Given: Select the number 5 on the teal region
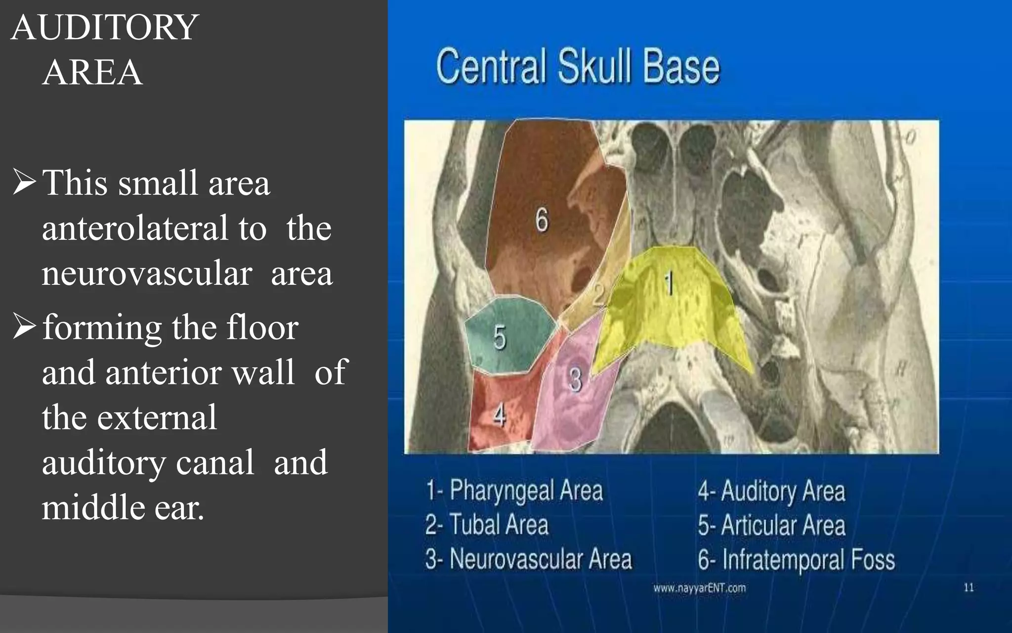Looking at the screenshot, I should point(500,337).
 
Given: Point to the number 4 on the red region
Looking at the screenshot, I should point(499,414).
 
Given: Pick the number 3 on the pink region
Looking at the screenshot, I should point(576,380).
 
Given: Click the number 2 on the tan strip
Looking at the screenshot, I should point(598,295).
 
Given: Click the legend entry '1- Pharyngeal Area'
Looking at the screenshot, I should point(514,491).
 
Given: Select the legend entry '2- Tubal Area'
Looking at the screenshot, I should point(487,525).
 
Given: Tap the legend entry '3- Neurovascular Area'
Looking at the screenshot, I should point(528,559).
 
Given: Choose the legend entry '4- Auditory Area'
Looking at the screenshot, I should point(771,491).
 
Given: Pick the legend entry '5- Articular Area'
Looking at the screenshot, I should point(771,525).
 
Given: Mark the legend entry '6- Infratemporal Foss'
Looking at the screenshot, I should point(796,560).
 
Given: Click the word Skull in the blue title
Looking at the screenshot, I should point(595,67).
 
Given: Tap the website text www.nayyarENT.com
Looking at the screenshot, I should point(699,588).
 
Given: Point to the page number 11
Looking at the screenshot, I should point(969,588).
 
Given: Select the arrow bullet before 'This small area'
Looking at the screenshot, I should point(24,182).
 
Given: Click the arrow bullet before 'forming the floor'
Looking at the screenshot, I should point(24,326).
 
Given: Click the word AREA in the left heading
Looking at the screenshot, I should point(93,72).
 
